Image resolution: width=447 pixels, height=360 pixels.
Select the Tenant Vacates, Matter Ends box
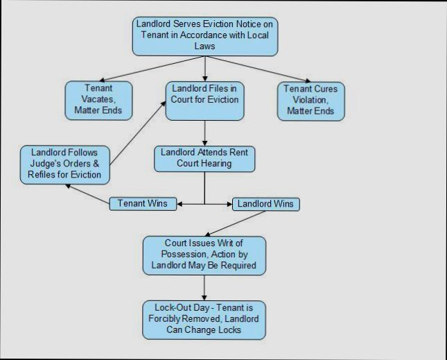point(98,100)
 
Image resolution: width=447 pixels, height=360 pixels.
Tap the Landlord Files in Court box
point(204,99)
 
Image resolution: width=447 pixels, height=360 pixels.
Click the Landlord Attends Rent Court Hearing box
point(204,158)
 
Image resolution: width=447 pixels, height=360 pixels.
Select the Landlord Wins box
point(265,204)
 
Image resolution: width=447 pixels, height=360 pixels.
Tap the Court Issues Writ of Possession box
point(204,254)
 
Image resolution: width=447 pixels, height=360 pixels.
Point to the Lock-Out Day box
point(204,318)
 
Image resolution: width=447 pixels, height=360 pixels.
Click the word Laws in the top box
point(205,46)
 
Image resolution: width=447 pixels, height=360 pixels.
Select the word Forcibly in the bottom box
point(165,318)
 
